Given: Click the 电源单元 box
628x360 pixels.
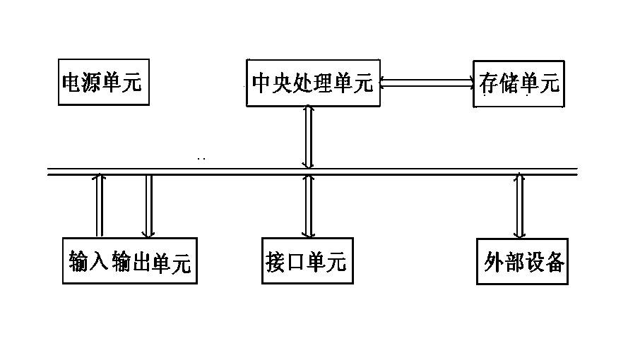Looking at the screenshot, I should (x=103, y=82).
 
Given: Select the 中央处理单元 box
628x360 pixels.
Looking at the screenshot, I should (x=312, y=83).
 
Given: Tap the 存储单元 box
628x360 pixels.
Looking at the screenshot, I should (x=519, y=83).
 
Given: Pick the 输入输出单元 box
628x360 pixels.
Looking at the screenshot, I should (x=129, y=261).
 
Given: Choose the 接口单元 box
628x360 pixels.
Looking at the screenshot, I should (x=307, y=261).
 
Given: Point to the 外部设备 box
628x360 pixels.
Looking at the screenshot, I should (x=523, y=261).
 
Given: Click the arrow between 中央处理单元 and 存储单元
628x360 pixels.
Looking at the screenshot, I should (x=427, y=83).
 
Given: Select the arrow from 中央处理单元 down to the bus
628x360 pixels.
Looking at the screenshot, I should (x=308, y=137).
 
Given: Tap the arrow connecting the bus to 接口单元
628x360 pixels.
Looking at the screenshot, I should (x=308, y=206).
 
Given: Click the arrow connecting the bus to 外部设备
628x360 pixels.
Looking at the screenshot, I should (x=520, y=206).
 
